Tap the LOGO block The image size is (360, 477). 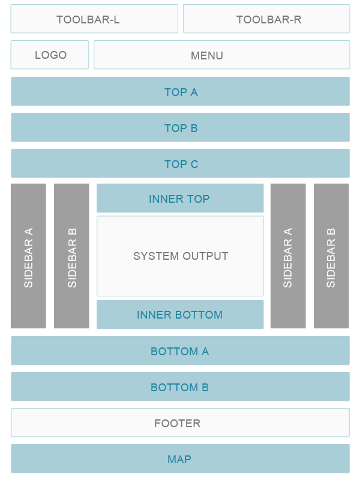click(x=50, y=55)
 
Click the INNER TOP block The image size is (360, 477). click(x=179, y=199)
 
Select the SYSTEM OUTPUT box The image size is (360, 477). click(x=180, y=256)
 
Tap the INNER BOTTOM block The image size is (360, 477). click(x=179, y=315)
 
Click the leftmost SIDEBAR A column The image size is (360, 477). click(x=28, y=256)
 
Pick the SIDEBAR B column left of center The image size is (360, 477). click(x=71, y=256)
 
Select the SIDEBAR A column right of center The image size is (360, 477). click(x=288, y=256)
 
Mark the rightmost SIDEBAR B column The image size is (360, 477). click(x=331, y=256)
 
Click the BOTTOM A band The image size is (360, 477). click(x=179, y=351)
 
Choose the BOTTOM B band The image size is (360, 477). click(x=179, y=387)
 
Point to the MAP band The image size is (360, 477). click(x=179, y=459)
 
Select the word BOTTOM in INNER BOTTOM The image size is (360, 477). click(x=197, y=315)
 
